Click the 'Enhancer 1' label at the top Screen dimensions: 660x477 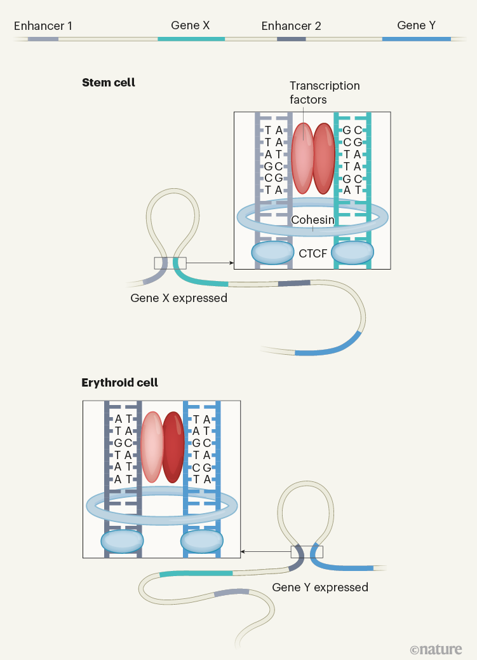click(x=43, y=26)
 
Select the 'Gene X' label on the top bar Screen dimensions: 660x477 click(x=190, y=25)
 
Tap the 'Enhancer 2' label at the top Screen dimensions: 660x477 click(x=291, y=26)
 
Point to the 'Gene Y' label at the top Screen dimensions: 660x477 click(x=416, y=25)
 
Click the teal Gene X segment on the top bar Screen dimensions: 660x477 click(x=191, y=39)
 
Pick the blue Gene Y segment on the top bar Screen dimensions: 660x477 click(x=416, y=39)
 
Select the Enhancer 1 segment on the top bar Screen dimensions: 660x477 click(x=43, y=39)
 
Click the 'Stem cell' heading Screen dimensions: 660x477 click(x=109, y=83)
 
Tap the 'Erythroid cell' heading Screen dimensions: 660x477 click(x=119, y=383)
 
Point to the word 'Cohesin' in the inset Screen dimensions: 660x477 click(x=312, y=219)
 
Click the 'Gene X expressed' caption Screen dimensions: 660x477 click(x=178, y=298)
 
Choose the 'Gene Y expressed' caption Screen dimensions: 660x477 click(x=320, y=587)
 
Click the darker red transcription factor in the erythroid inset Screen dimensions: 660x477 click(x=173, y=446)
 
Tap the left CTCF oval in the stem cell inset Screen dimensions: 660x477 click(x=272, y=252)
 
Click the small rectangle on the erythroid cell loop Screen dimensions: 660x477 click(x=307, y=552)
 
